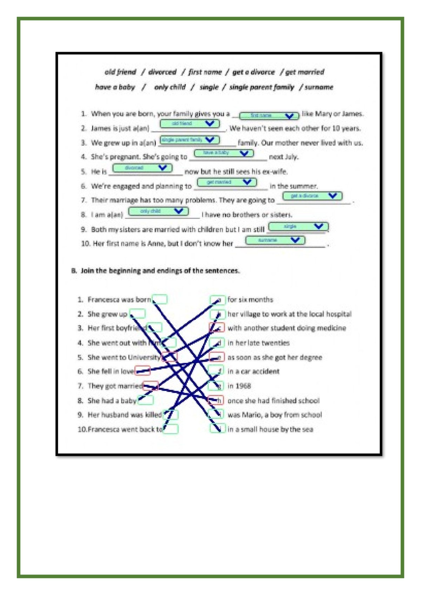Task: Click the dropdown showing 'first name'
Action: point(269,115)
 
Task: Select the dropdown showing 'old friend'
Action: point(190,123)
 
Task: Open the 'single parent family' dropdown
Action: point(190,140)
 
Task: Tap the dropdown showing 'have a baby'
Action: point(223,153)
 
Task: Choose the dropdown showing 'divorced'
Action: point(142,168)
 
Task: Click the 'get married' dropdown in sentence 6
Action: point(227,182)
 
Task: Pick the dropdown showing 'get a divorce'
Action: point(312,196)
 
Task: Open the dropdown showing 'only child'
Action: point(159,211)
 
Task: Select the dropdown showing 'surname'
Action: point(275,240)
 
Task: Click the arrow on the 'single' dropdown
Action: point(319,226)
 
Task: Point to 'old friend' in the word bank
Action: point(120,72)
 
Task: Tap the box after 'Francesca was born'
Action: point(160,299)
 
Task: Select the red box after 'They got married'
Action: point(151,386)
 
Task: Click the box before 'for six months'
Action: point(217,300)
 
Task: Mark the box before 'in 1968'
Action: point(216,386)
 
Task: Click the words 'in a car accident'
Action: point(253,371)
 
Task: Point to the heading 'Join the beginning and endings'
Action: point(160,270)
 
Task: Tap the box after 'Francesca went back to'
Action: point(171,429)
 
